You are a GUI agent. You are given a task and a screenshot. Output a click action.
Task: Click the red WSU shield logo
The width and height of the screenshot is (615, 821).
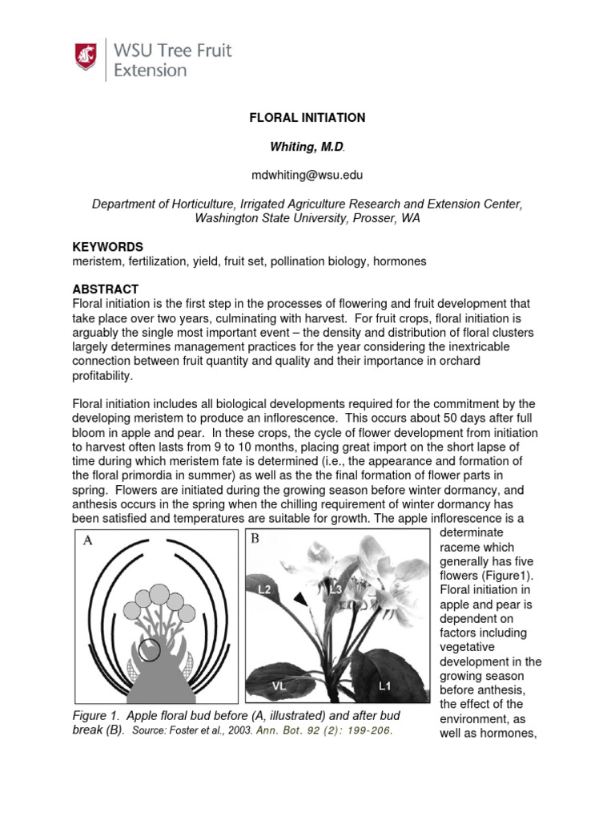[86, 57]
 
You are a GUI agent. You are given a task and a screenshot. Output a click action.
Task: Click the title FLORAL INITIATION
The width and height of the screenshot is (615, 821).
[307, 118]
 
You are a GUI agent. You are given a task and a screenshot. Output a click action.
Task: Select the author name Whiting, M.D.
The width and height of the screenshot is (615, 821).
[307, 146]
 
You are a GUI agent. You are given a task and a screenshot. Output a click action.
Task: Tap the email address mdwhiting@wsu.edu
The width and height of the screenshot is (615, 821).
[307, 174]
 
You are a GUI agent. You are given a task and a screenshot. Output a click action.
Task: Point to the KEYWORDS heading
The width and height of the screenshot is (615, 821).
[108, 247]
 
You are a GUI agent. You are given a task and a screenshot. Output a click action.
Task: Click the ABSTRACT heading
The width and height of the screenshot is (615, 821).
[106, 289]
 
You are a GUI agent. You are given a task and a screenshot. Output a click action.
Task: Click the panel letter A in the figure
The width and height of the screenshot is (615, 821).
[89, 541]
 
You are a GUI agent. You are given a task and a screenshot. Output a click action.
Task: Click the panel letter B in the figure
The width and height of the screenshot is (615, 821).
[255, 539]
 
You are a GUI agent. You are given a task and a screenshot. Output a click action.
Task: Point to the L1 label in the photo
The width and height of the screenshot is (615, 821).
[385, 686]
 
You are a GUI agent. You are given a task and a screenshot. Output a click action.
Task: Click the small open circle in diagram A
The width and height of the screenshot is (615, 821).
[149, 650]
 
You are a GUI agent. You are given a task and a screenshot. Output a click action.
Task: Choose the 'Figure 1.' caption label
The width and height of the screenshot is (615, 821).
[99, 715]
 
